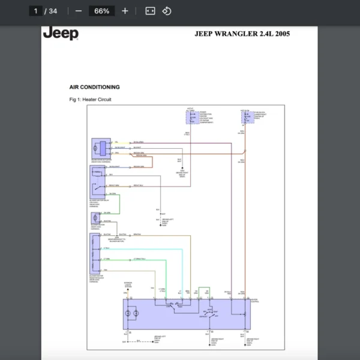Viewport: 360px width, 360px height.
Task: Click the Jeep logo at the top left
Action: pos(61,34)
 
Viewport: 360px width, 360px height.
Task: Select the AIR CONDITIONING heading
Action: pos(95,87)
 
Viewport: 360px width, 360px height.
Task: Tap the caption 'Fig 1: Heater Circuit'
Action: pos(91,99)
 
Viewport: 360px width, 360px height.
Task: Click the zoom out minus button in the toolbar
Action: pos(79,11)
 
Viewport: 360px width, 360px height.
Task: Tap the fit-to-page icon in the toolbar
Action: pos(150,11)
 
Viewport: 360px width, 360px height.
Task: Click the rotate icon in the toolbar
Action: pos(167,11)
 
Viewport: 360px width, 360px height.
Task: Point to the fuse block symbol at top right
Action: pos(247,116)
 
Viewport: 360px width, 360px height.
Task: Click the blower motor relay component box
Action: pos(97,180)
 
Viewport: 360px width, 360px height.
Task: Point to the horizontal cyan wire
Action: pos(144,248)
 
